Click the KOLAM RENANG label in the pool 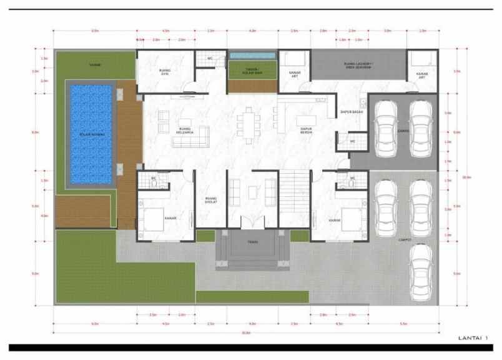pos(91,134)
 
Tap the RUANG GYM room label pos(165,72)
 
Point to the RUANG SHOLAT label pos(210,201)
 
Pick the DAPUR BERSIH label pos(306,130)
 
